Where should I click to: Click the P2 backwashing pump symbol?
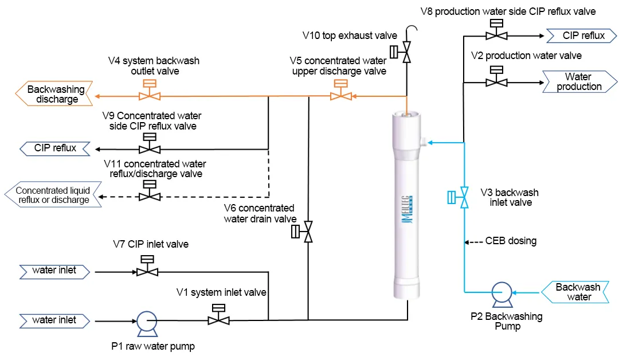[x=502, y=293]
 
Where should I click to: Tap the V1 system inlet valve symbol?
[x=218, y=319]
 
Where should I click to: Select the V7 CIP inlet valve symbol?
[x=147, y=271]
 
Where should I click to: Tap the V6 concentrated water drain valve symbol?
[x=308, y=232]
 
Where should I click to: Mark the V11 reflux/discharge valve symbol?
[x=150, y=196]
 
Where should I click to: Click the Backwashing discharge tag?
[x=55, y=94]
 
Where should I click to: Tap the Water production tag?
[x=578, y=82]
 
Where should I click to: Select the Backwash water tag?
[x=578, y=292]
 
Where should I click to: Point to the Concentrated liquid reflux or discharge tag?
[x=52, y=195]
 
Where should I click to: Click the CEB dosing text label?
[x=511, y=241]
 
